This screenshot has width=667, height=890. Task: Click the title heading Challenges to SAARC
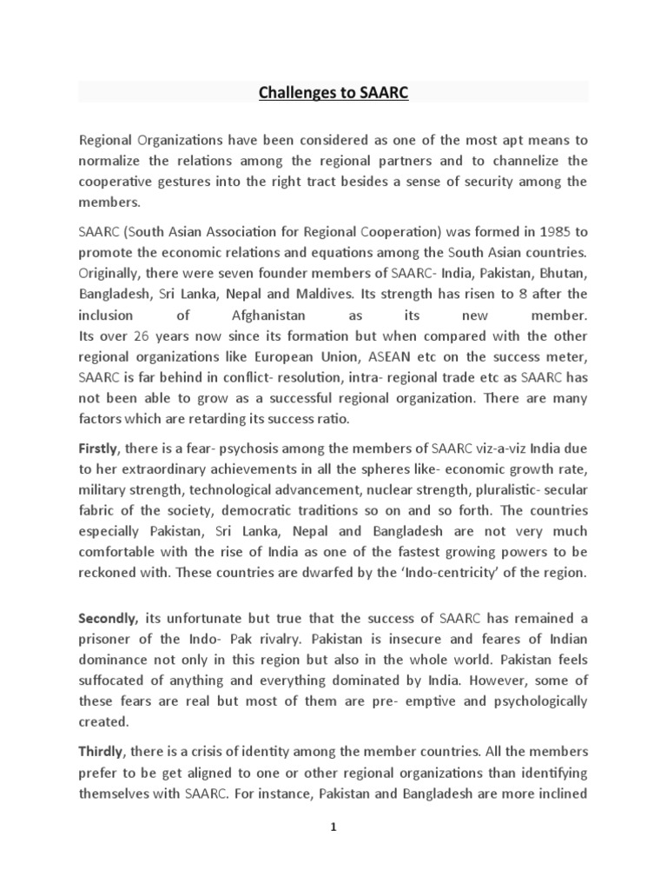coord(333,94)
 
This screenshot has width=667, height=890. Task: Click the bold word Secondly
coord(108,619)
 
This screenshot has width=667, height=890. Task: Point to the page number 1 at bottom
coord(333,828)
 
